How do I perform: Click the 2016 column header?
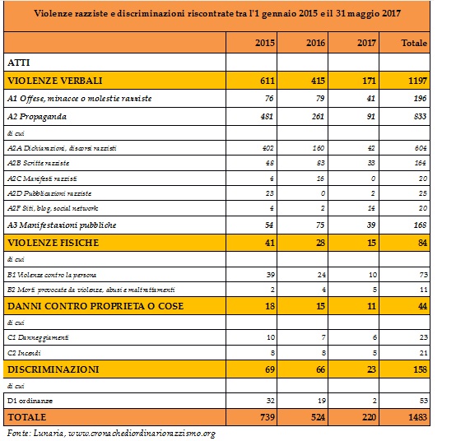tap(315, 43)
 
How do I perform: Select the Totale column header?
tap(414, 43)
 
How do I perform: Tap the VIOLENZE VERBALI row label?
tap(55, 81)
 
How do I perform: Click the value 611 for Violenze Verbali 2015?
tap(268, 81)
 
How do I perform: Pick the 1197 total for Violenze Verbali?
tap(417, 81)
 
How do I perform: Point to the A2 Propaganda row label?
tap(37, 117)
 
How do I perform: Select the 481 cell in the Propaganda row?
tap(267, 117)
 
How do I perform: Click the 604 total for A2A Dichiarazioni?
tap(421, 148)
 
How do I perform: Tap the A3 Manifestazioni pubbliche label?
tap(62, 225)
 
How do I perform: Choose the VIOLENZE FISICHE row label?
tap(54, 243)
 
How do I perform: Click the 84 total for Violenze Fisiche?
tap(422, 243)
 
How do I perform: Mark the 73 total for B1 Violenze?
tap(423, 275)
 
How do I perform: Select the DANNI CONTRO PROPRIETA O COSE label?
tap(95, 306)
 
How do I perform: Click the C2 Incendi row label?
tap(24, 353)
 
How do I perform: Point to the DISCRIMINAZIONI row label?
tap(54, 369)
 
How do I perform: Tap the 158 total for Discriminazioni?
tap(421, 369)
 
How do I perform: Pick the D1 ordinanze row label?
tap(30, 401)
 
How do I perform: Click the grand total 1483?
tap(418, 417)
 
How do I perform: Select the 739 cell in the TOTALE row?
tap(268, 417)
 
